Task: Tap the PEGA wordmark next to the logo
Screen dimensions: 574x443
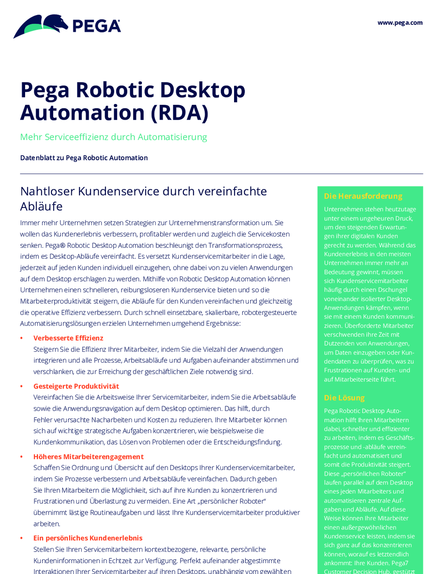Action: [x=96, y=26]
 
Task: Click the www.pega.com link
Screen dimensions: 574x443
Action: [x=400, y=23]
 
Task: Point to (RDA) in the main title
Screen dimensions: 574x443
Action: [x=180, y=113]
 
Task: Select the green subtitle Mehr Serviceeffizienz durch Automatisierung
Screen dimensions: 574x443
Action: [x=113, y=137]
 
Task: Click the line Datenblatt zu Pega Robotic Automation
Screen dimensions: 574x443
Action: [x=84, y=158]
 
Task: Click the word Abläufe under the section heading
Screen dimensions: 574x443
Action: [x=41, y=206]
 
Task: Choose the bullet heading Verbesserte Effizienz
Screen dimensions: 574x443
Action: [x=68, y=338]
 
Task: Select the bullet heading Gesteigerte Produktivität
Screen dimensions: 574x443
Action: [x=76, y=386]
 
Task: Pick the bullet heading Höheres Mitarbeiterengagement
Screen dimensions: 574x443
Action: [x=88, y=457]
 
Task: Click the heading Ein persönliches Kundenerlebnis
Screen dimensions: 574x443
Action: [x=88, y=538]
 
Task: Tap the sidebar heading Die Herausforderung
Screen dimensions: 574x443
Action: [x=363, y=196]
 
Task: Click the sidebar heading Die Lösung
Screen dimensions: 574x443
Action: [x=344, y=398]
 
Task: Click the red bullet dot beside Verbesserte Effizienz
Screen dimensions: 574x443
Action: [x=22, y=338]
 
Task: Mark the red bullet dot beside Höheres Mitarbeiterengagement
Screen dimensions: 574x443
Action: [x=22, y=457]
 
